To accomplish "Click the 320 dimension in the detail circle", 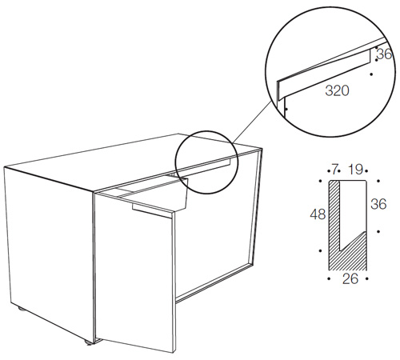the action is tap(337, 91).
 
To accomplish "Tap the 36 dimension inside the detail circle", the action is tap(385, 54).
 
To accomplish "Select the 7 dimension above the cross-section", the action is tap(334, 169).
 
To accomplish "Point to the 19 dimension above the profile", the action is tap(355, 169).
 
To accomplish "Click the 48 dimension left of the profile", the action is tap(318, 214).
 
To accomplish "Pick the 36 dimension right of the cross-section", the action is tap(378, 204).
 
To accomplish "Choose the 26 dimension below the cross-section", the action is tap(350, 279).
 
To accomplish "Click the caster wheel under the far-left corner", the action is tap(20, 310).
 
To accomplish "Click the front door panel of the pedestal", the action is tap(134, 272).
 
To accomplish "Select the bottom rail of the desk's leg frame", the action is tap(214, 283).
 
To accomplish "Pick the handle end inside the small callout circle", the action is tap(228, 162).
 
